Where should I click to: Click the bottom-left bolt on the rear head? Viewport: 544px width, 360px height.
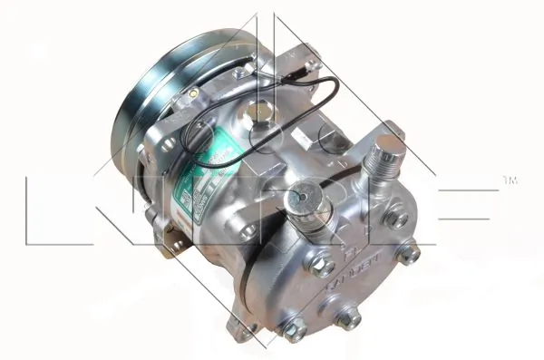(x=293, y=333)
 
